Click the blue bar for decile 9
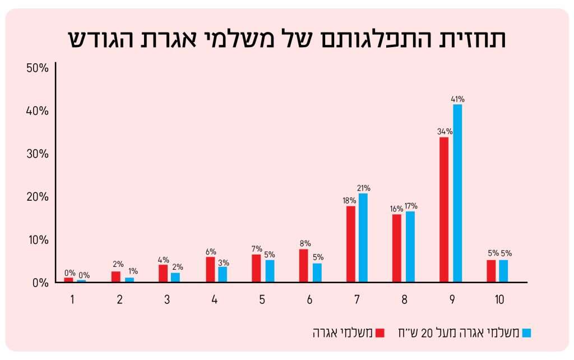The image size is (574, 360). (458, 193)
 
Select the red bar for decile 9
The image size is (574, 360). (444, 209)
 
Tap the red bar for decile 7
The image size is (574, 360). (350, 244)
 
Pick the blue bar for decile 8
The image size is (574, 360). (410, 246)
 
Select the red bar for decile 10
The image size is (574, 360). (491, 271)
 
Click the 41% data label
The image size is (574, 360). (458, 99)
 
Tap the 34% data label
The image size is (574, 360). (445, 132)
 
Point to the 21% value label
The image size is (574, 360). (364, 188)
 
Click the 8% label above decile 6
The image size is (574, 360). (304, 244)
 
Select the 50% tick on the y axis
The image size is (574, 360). (38, 68)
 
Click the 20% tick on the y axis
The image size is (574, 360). (38, 197)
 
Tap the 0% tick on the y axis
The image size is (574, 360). (40, 283)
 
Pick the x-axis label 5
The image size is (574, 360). (262, 299)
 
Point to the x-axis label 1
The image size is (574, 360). (72, 299)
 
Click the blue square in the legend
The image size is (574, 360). (526, 333)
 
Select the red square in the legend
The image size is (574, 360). (380, 333)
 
